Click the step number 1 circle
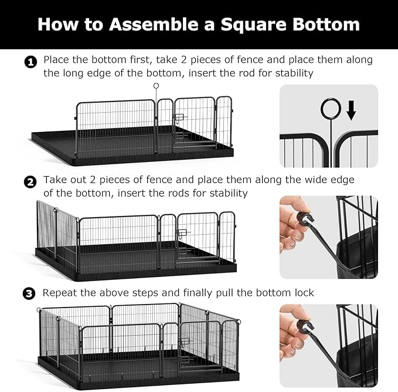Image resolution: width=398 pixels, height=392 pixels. click(30, 62)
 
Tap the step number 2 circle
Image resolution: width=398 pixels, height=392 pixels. click(30, 182)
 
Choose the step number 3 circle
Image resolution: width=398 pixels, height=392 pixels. click(30, 293)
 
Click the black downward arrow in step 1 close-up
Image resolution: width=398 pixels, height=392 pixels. click(351, 110)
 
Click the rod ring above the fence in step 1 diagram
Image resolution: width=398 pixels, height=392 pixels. click(156, 86)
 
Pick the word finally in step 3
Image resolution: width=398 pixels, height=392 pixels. click(202, 293)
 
